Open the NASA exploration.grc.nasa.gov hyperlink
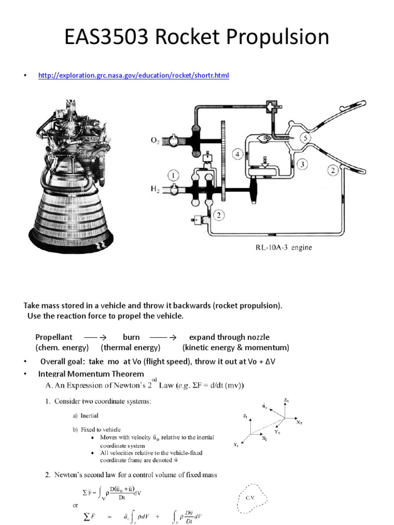click(x=134, y=76)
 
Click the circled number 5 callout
click(x=305, y=138)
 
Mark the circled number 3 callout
click(x=303, y=164)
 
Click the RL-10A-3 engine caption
click(x=284, y=248)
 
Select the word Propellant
click(x=54, y=337)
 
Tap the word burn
click(x=131, y=337)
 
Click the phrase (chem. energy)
click(x=62, y=348)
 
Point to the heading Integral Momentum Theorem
click(x=91, y=374)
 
